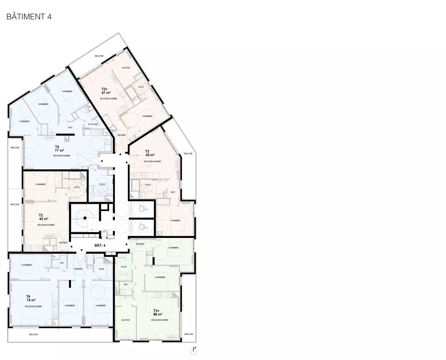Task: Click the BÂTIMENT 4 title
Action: tap(29, 16)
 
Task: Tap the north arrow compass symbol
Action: tap(193, 350)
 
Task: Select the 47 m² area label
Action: tap(106, 93)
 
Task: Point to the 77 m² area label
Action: tap(59, 150)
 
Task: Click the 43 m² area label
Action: tap(150, 155)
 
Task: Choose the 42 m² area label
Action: tap(44, 219)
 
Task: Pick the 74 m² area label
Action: tap(31, 300)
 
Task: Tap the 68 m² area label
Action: tap(158, 314)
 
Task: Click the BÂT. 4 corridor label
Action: tap(100, 245)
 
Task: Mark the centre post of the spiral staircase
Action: tap(85, 218)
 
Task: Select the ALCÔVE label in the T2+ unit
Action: tap(126, 67)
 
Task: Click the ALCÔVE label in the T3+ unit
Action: tap(126, 320)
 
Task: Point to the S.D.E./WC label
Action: tap(93, 124)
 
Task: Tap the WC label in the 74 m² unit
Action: tap(62, 263)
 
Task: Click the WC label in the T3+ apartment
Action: tap(126, 284)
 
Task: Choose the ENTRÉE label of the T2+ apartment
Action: tap(122, 135)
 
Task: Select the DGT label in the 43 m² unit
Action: tap(173, 192)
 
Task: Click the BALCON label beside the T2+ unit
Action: tap(99, 56)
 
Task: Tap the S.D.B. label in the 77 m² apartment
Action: tap(102, 184)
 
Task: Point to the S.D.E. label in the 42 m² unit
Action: tap(77, 187)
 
